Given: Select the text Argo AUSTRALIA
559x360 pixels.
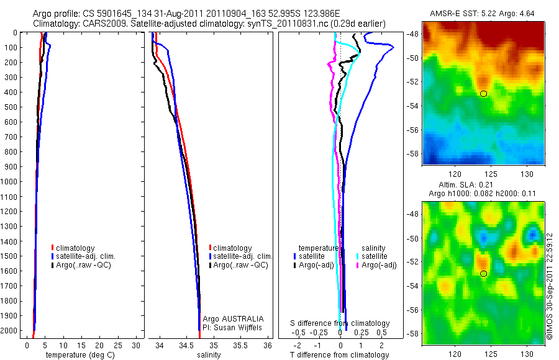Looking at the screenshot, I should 229,318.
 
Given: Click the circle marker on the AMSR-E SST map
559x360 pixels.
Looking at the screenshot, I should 484,94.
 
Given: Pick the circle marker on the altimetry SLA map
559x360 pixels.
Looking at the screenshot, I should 484,274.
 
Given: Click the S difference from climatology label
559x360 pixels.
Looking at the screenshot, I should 340,323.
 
